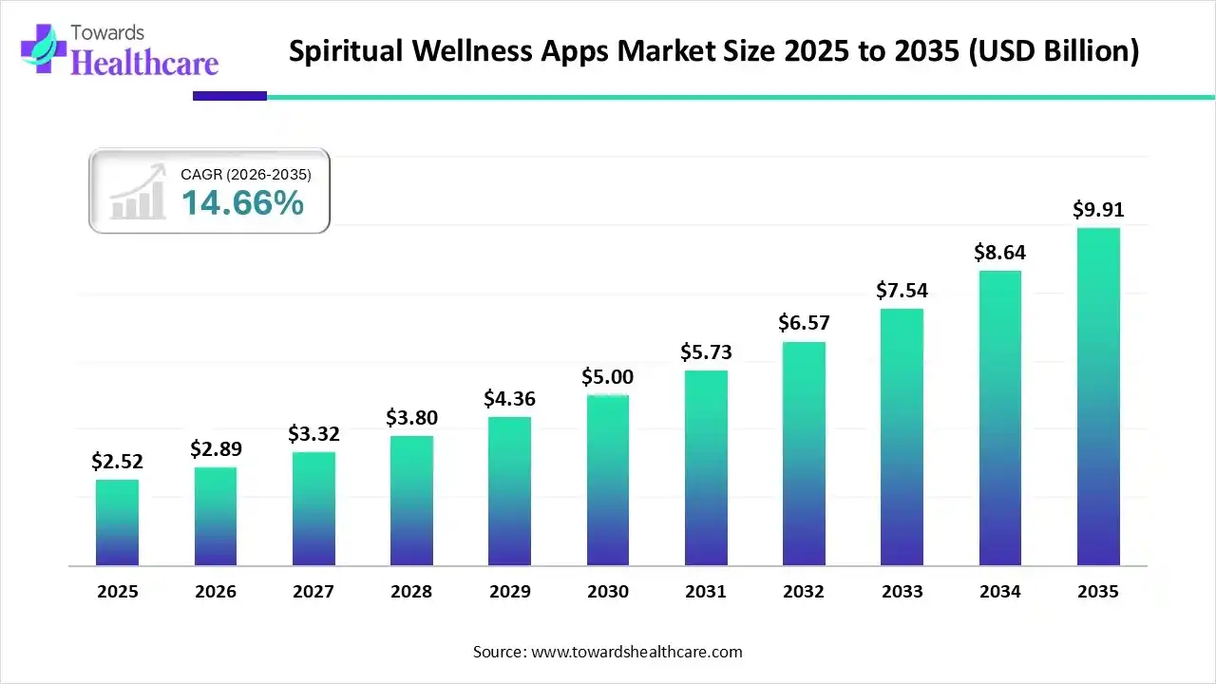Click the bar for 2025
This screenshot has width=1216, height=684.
click(x=117, y=522)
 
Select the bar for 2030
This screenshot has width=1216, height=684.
click(x=607, y=480)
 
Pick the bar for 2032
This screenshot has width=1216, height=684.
click(x=804, y=453)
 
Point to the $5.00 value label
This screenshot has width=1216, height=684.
click(x=607, y=376)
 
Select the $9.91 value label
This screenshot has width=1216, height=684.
click(x=1098, y=209)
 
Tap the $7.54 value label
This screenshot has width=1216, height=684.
click(x=902, y=290)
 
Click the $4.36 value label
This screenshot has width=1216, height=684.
click(x=509, y=398)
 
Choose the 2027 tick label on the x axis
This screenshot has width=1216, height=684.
click(x=313, y=592)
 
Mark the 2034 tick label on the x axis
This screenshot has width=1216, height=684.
click(x=1000, y=592)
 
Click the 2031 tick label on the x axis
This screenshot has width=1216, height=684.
click(x=706, y=592)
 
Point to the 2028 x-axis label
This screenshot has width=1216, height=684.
click(x=411, y=592)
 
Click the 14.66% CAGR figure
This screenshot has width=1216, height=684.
click(x=242, y=202)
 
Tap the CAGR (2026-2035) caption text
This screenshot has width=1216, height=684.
click(x=245, y=174)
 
